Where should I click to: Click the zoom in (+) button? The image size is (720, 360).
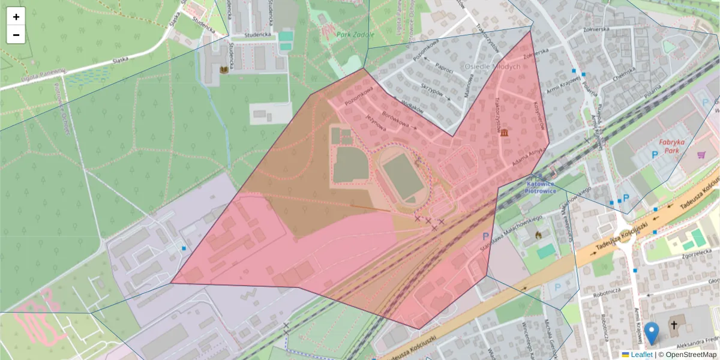coord(16,17)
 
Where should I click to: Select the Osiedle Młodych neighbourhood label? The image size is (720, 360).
coord(493,67)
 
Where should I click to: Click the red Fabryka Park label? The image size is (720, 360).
coord(671,146)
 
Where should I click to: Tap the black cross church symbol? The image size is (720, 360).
coord(674,326)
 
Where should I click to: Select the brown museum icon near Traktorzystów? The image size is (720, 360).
coord(504,132)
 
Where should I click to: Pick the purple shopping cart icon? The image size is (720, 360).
coord(701,155)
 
